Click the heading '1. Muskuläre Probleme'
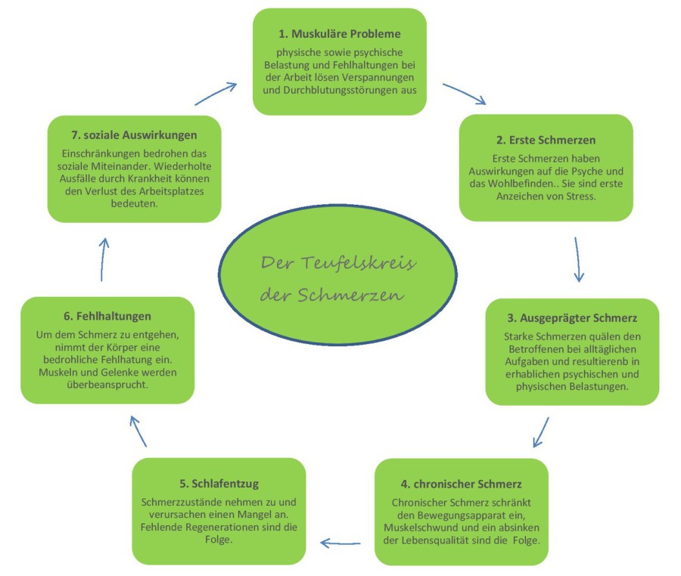(x=339, y=34)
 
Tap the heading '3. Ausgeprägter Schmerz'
(x=572, y=318)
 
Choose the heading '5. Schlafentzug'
(x=219, y=483)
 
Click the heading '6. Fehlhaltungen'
(x=107, y=316)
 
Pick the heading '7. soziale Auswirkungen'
(x=134, y=135)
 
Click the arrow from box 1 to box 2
(x=464, y=94)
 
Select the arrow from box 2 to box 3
(x=578, y=259)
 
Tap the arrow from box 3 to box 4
(x=540, y=431)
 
